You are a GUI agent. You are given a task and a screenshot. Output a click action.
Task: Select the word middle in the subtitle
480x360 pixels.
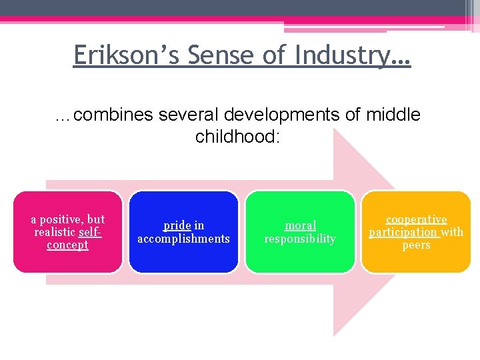click(393, 115)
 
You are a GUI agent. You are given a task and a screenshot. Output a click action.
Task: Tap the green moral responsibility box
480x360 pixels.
click(300, 257)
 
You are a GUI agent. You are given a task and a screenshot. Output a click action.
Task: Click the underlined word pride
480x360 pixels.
click(177, 226)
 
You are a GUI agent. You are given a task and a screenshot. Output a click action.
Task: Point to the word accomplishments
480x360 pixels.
click(183, 239)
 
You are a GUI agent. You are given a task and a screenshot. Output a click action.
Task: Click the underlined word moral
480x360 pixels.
click(300, 226)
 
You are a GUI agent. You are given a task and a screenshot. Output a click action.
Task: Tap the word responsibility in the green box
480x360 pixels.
click(300, 239)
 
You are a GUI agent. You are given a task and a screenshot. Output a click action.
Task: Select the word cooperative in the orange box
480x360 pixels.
click(417, 219)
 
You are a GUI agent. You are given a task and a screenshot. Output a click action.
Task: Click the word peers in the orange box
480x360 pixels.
click(416, 245)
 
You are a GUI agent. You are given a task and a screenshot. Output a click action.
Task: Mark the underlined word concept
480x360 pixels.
click(67, 245)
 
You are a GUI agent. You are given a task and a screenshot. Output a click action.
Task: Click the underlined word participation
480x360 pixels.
click(403, 232)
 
